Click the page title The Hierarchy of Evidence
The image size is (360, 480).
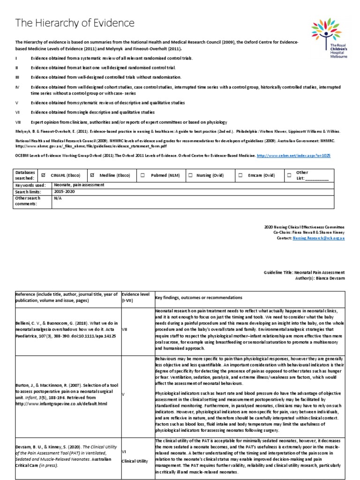tap(75, 23)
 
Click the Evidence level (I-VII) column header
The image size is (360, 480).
tap(135, 297)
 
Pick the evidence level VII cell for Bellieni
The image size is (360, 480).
tap(125, 330)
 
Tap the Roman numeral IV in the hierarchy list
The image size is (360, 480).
tap(17, 87)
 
